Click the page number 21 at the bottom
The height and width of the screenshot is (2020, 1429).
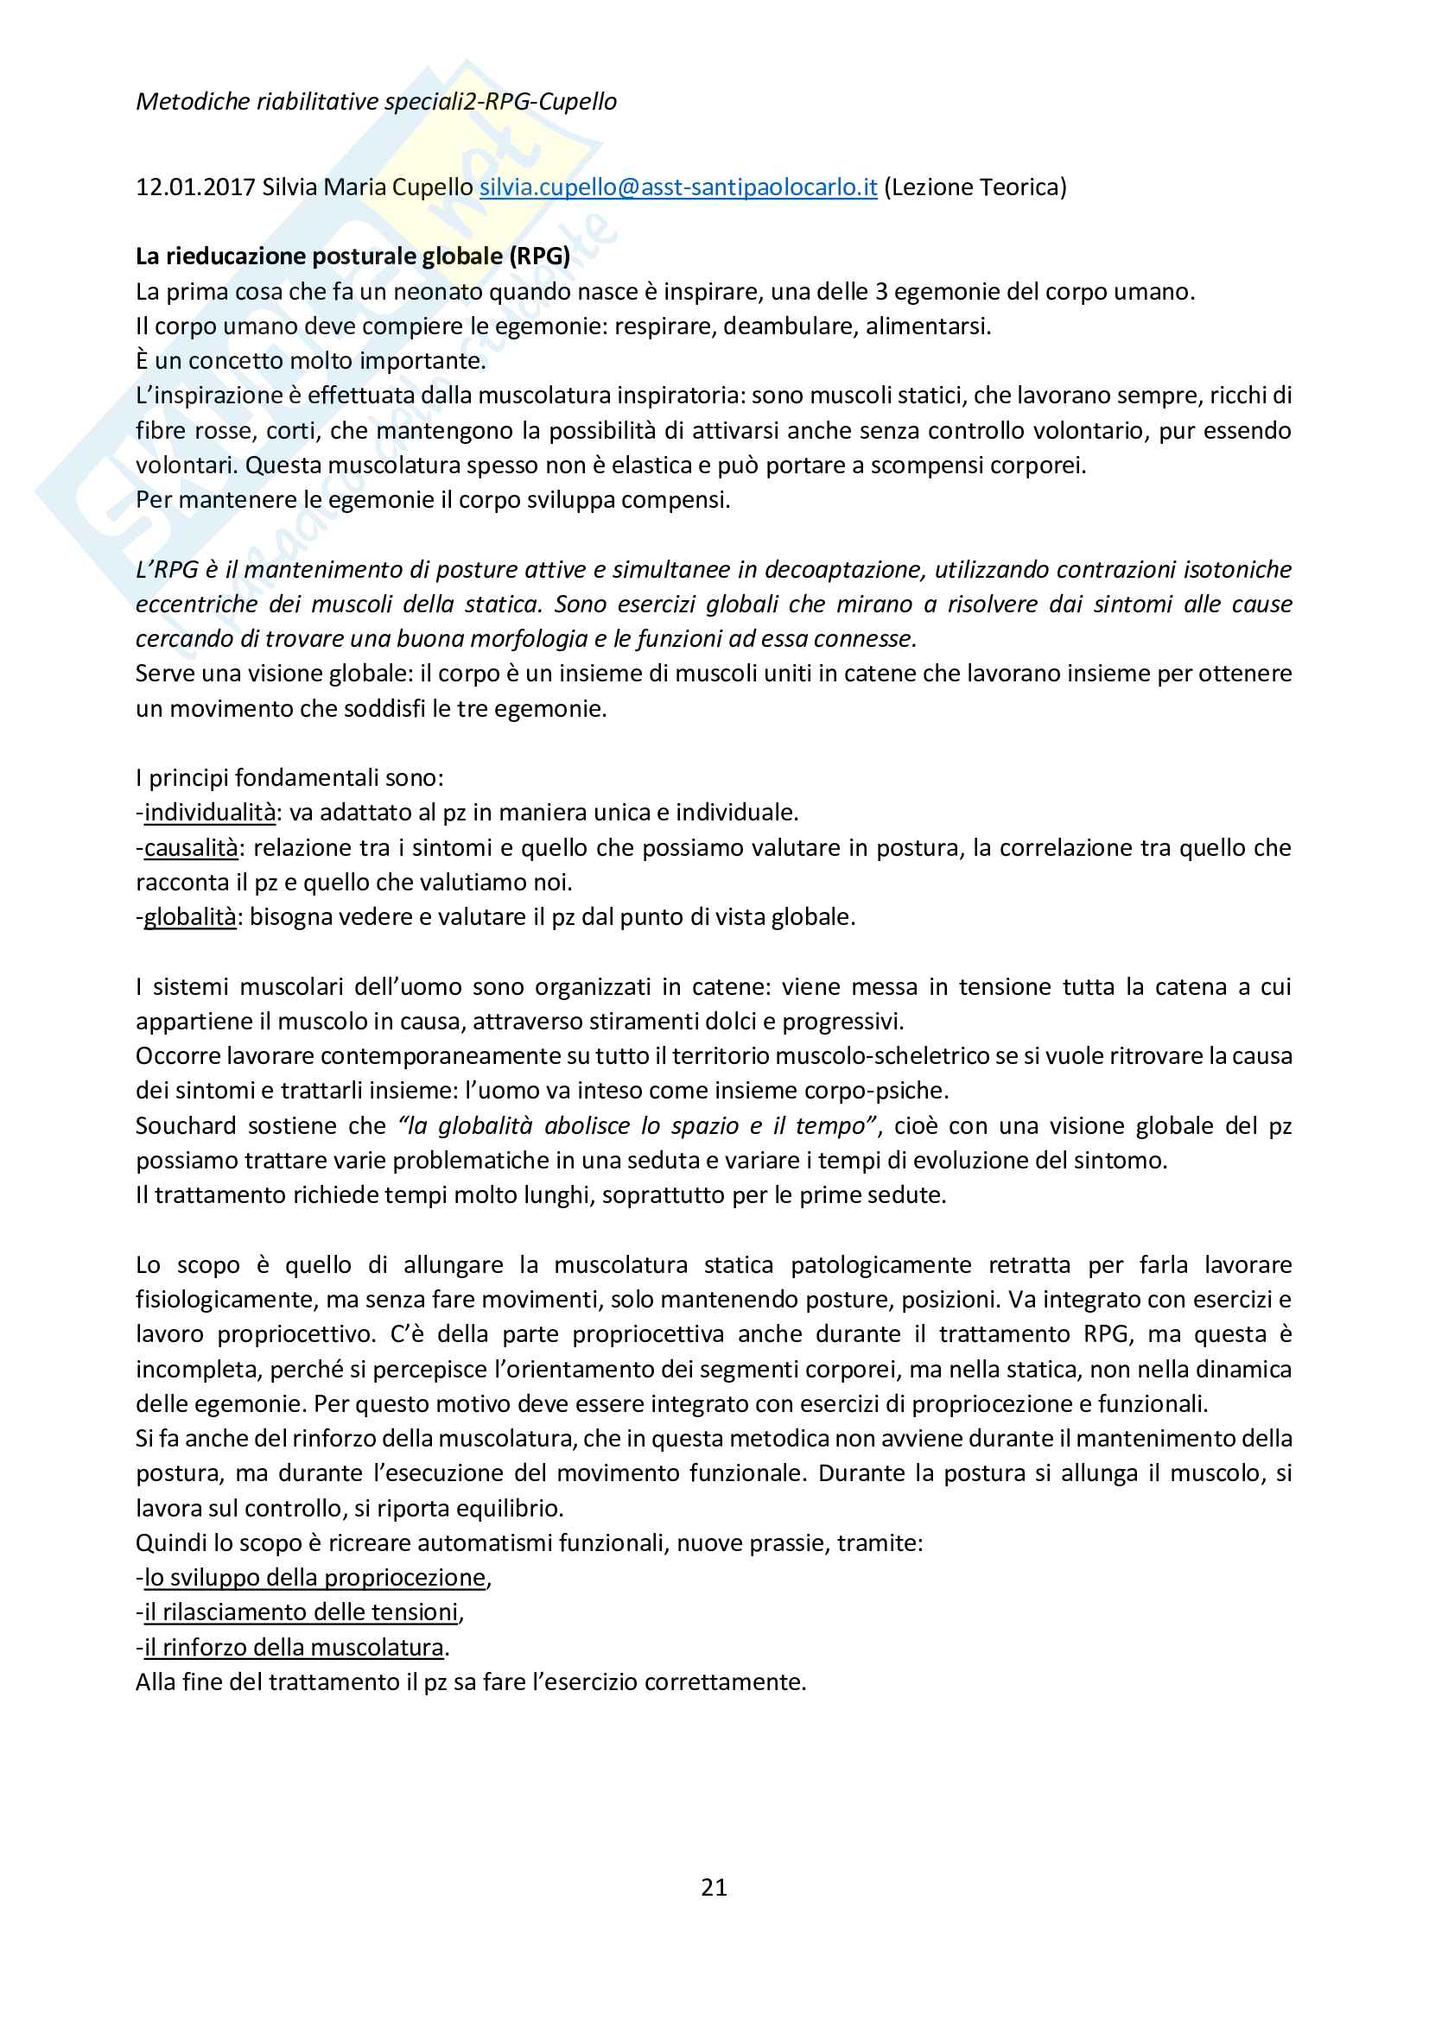pyautogui.click(x=714, y=1886)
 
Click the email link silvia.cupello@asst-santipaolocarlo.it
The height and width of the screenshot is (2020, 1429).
pyautogui.click(x=677, y=187)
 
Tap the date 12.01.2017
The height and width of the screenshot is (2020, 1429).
pyautogui.click(x=195, y=187)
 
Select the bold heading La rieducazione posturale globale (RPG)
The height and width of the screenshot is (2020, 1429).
pyautogui.click(x=352, y=256)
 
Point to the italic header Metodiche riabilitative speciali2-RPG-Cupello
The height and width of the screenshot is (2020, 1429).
pyautogui.click(x=376, y=102)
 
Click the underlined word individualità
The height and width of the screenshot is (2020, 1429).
pyautogui.click(x=209, y=812)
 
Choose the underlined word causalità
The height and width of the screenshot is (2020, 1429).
pyautogui.click(x=191, y=847)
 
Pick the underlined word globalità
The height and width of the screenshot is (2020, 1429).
pyautogui.click(x=190, y=917)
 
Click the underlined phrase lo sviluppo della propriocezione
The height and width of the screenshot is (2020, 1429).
pyautogui.click(x=315, y=1578)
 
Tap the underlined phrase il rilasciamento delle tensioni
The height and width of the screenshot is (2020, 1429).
pyautogui.click(x=302, y=1612)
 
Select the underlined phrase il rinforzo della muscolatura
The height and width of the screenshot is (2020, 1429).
pyautogui.click(x=294, y=1647)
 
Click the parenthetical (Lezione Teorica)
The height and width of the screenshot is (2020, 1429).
pyautogui.click(x=974, y=187)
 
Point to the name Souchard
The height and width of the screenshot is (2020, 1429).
pyautogui.click(x=186, y=1125)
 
